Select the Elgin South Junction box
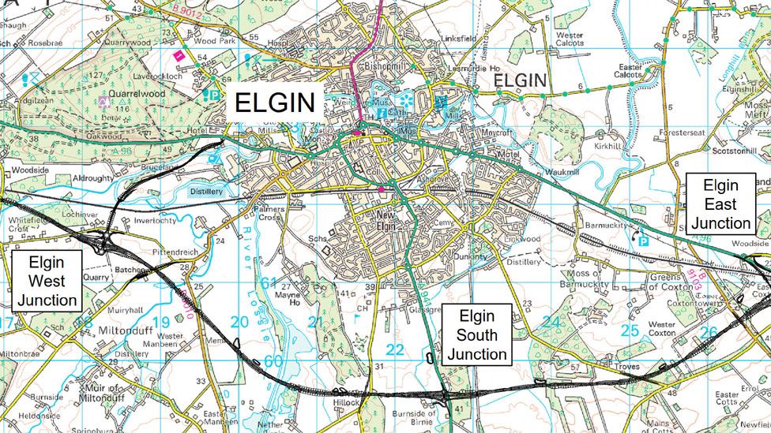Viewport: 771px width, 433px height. (476, 335)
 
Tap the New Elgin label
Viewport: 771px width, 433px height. (385, 220)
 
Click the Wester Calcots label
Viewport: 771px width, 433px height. (570, 39)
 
